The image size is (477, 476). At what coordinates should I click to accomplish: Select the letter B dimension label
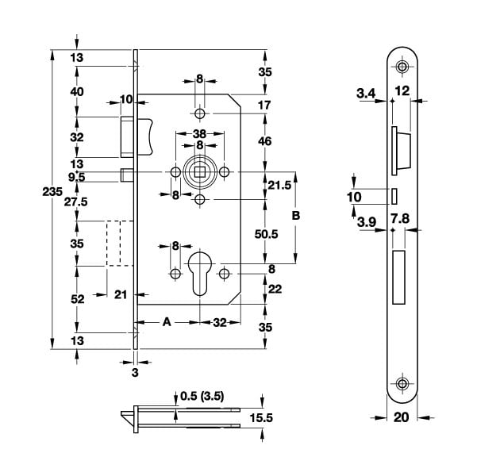coord(296,216)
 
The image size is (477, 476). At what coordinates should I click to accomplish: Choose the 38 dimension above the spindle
coord(200,133)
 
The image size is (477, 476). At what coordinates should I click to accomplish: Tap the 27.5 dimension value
coord(76,202)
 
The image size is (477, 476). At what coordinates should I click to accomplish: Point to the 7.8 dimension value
coord(400,217)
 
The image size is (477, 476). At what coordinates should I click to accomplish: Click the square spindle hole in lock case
coord(199,172)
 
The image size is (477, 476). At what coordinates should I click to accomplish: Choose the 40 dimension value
coord(76,92)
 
